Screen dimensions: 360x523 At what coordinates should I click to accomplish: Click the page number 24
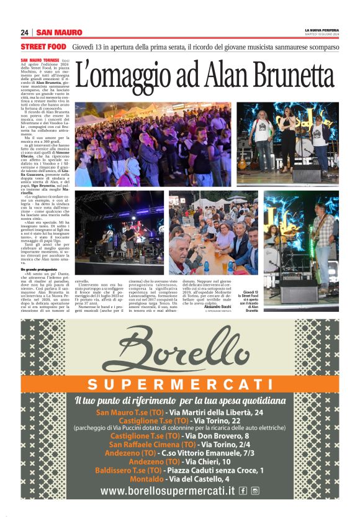click(x=24, y=32)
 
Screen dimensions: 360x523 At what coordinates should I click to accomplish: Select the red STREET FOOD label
click(x=43, y=47)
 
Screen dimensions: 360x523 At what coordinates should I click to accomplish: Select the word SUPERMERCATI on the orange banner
click(x=179, y=383)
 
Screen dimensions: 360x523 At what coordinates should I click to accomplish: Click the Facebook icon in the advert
click(x=243, y=491)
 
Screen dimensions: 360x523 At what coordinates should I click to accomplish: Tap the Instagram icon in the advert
click(x=255, y=491)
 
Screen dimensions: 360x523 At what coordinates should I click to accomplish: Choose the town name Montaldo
click(x=147, y=479)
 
